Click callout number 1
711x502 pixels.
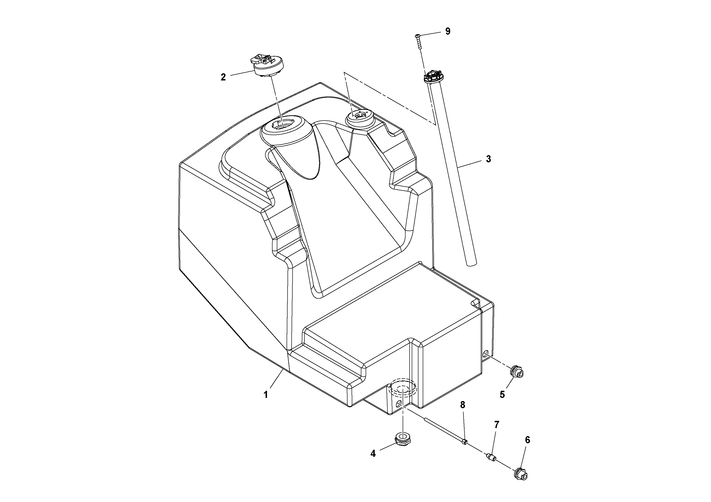pos(265,395)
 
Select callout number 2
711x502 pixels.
pos(223,77)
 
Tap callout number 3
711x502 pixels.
pos(488,159)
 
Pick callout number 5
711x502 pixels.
pos(502,394)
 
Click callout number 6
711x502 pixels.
pos(527,440)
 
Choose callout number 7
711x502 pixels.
pos(496,425)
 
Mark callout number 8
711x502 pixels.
pos(462,405)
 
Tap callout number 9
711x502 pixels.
pos(448,31)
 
